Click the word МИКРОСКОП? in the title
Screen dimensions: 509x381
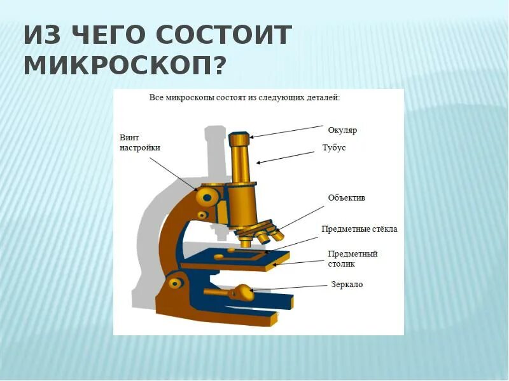125,65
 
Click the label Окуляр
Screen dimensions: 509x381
342,130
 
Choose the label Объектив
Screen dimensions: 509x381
346,197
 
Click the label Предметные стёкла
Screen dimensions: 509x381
359,229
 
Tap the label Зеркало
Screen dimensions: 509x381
347,284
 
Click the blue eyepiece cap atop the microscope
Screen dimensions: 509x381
240,138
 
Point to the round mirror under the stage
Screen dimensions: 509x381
242,293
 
